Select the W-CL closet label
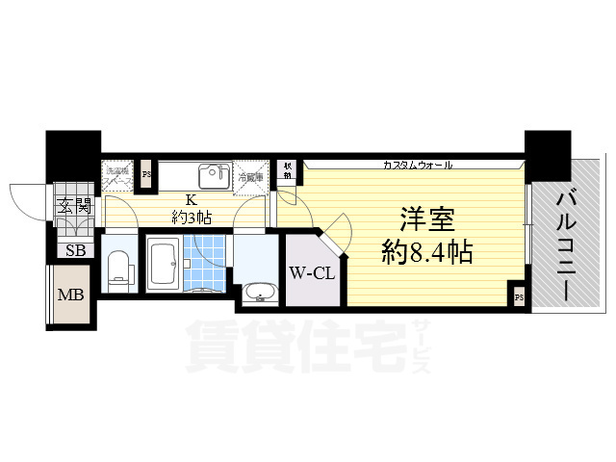[311, 273]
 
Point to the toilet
[119, 269]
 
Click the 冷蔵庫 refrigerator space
[248, 176]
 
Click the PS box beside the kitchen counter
[146, 175]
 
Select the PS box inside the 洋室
[518, 296]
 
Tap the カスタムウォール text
[417, 165]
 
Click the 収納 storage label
[287, 170]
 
